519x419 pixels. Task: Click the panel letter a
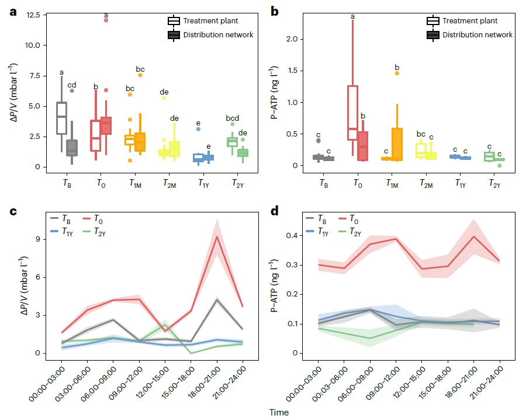pos(13,12)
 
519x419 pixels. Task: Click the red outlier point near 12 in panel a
pos(106,20)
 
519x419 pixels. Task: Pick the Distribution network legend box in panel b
pos(433,35)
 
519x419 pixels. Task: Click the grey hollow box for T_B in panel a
pos(61,118)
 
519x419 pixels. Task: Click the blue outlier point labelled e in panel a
pos(198,129)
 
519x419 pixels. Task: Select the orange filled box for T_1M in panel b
pos(397,144)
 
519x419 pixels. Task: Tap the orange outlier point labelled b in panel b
pos(397,73)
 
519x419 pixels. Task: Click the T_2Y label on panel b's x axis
pos(496,183)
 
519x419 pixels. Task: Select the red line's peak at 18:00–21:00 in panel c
pos(217,236)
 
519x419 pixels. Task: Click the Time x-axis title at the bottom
pos(279,412)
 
